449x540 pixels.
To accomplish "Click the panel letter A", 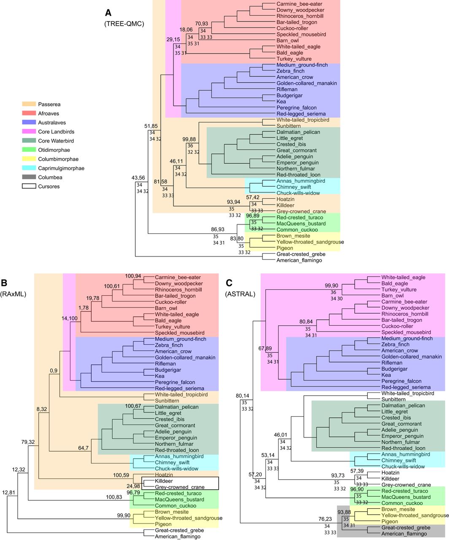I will point(108,11).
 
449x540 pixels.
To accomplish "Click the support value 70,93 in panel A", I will point(202,23).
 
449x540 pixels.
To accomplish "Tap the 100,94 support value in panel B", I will point(135,275).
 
